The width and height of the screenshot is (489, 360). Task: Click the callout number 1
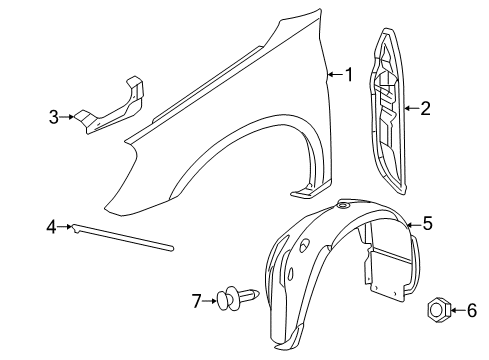[349, 73]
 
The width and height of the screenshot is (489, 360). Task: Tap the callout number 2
[425, 108]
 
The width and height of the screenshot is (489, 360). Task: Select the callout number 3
[54, 117]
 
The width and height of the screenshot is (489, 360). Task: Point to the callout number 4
[50, 228]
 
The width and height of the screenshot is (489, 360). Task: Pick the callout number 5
[427, 224]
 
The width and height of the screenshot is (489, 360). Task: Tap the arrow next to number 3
[70, 117]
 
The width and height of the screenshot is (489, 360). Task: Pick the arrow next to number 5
[409, 224]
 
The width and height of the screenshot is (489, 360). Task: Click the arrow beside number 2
[411, 108]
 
